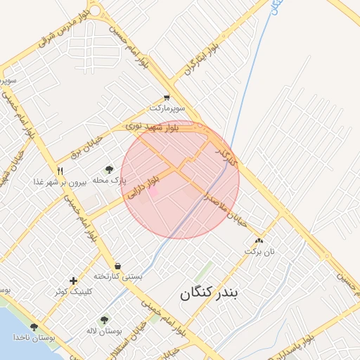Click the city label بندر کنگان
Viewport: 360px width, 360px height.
210,294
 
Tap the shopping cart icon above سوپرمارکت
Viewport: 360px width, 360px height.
167,98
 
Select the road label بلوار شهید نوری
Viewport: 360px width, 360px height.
153,127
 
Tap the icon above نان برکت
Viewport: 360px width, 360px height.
259,240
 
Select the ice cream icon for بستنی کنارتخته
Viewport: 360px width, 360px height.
117,266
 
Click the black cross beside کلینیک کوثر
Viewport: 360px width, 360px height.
73,281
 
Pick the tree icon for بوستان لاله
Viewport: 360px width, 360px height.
104,320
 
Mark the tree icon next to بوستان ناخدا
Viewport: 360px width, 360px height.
34,327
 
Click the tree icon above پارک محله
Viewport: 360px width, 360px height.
109,169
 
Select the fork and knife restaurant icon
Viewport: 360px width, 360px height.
60,171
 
